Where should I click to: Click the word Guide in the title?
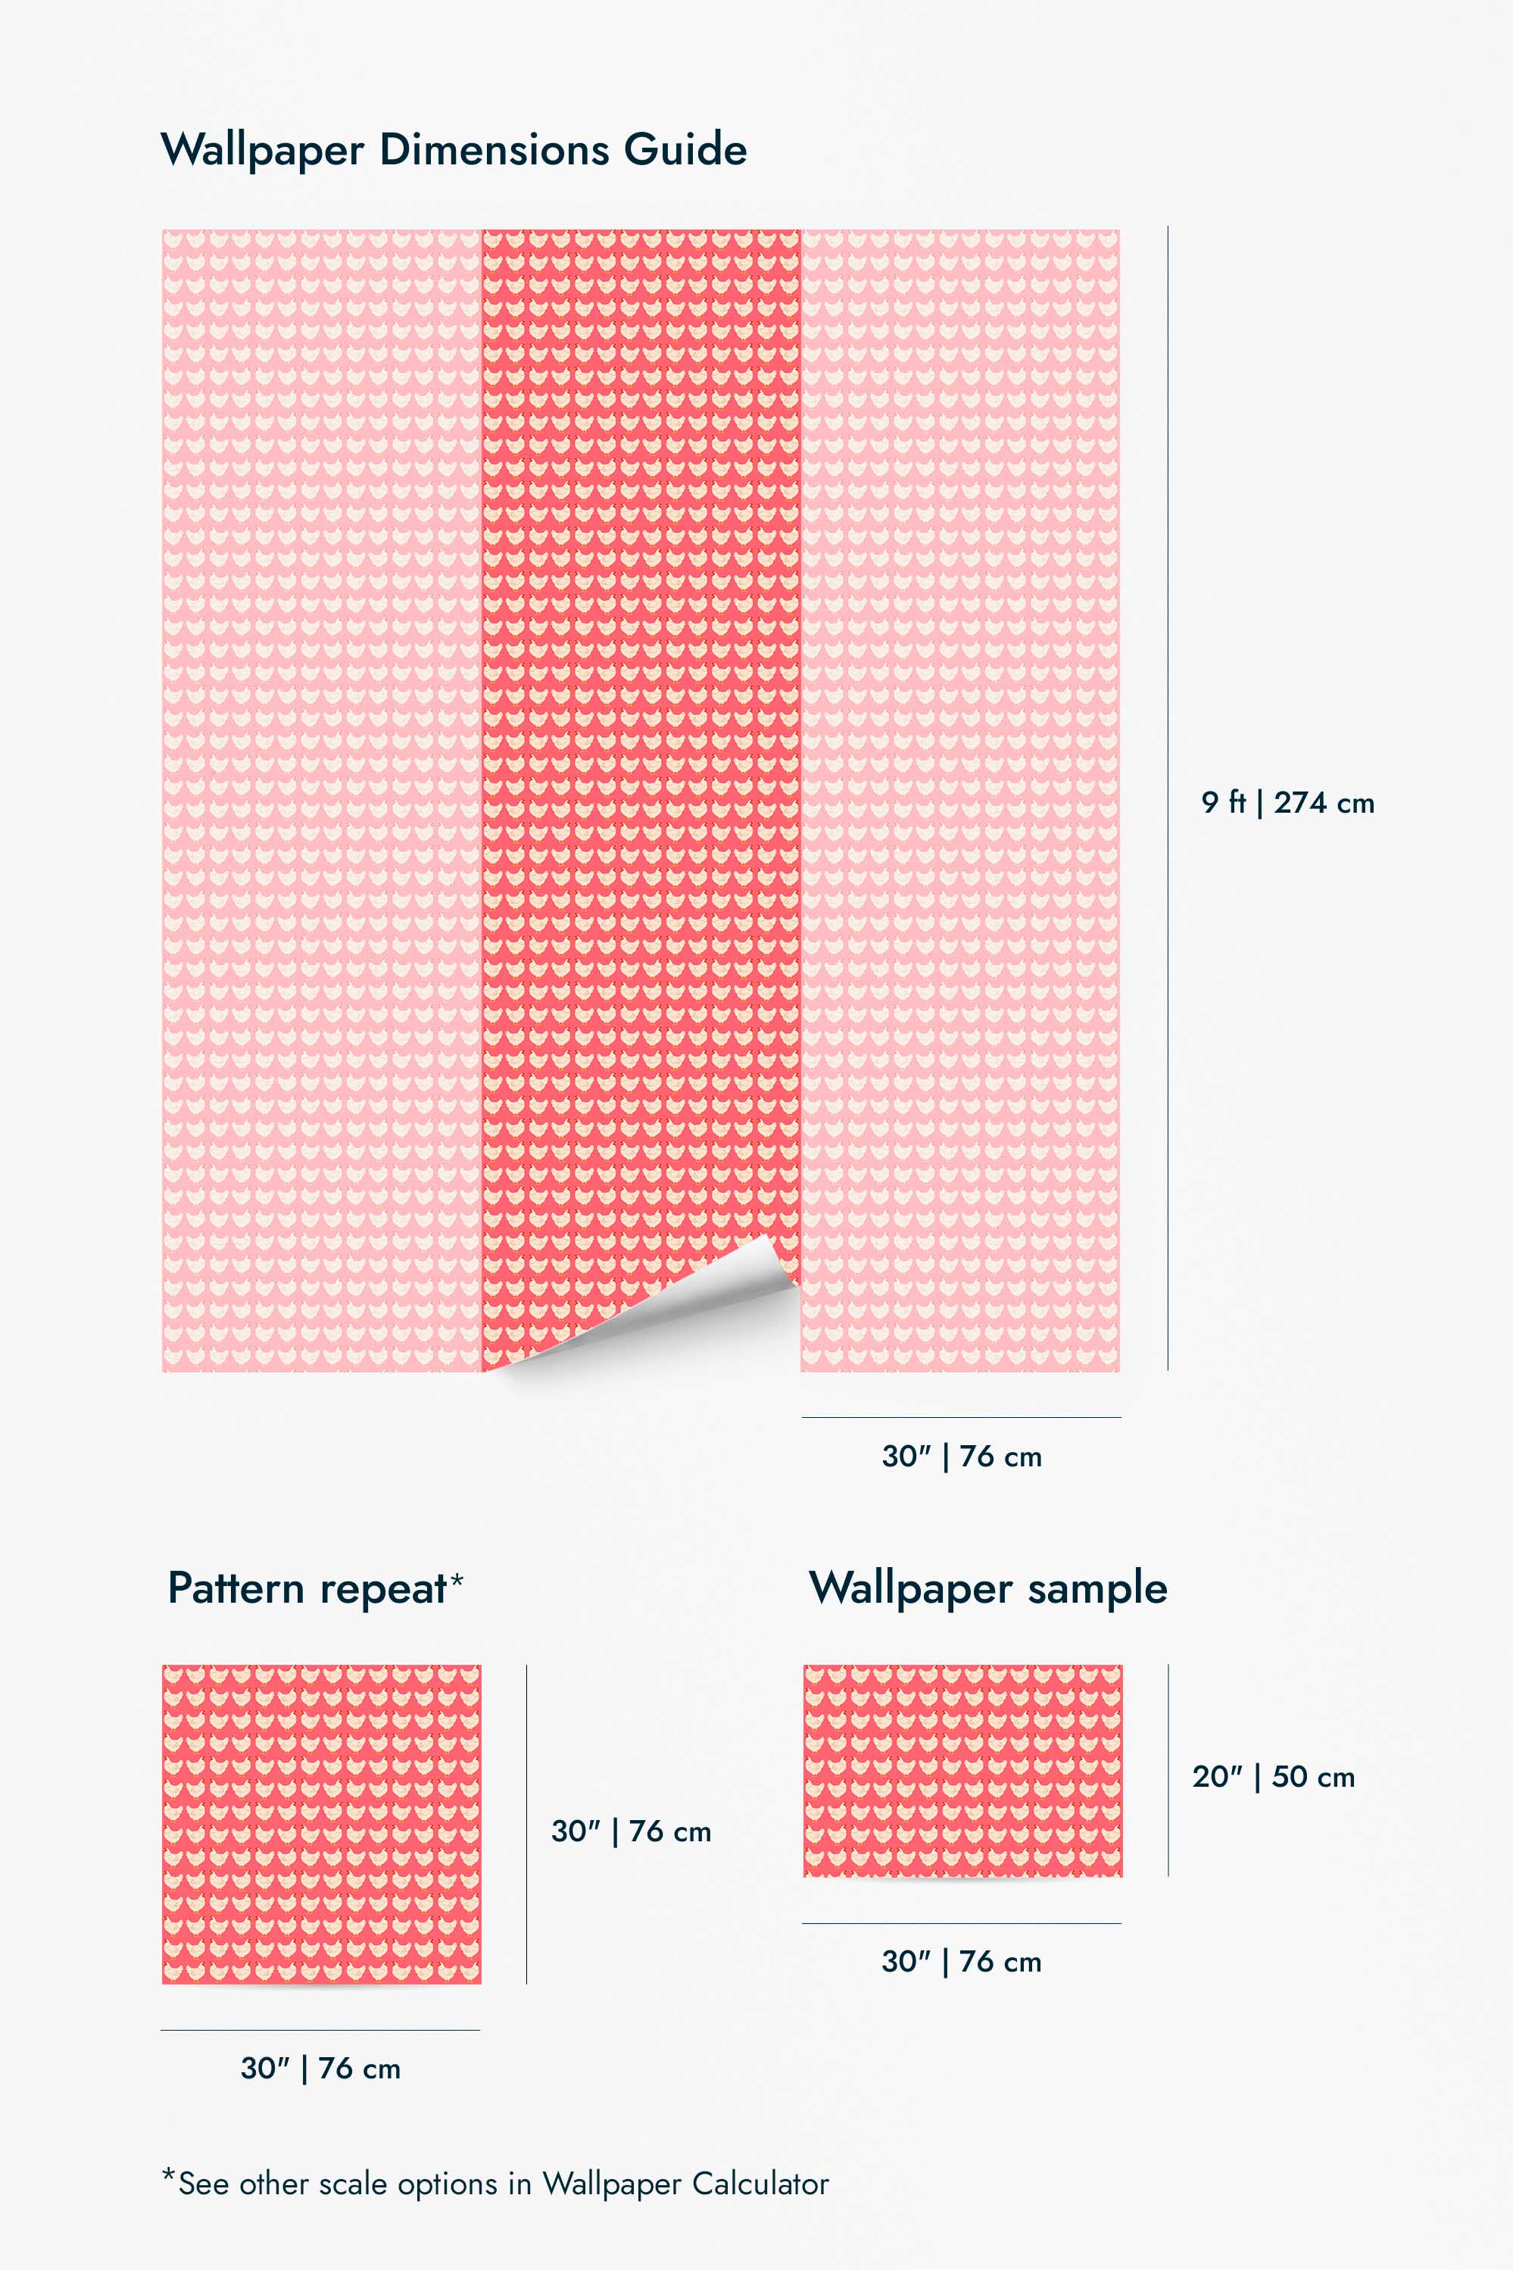pos(685,150)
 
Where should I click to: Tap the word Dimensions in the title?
pos(494,150)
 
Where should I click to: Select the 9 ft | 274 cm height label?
pos(1287,802)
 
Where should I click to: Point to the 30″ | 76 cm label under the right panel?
pos(961,1457)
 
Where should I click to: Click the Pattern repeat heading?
pos(306,1588)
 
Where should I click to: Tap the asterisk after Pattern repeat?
pos(457,1579)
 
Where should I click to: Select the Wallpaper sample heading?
pos(988,1588)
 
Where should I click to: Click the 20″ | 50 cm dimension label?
pos(1273,1777)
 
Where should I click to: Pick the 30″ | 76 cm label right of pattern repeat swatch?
pos(631,1831)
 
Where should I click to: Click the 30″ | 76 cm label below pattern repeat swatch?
pos(320,2069)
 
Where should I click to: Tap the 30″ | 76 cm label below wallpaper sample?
pos(961,1961)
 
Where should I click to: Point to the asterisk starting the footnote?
pos(169,2176)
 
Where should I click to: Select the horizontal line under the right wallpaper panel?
pos(961,1418)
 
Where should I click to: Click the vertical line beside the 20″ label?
pos(1168,1770)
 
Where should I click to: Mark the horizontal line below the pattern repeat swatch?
pos(320,2030)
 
